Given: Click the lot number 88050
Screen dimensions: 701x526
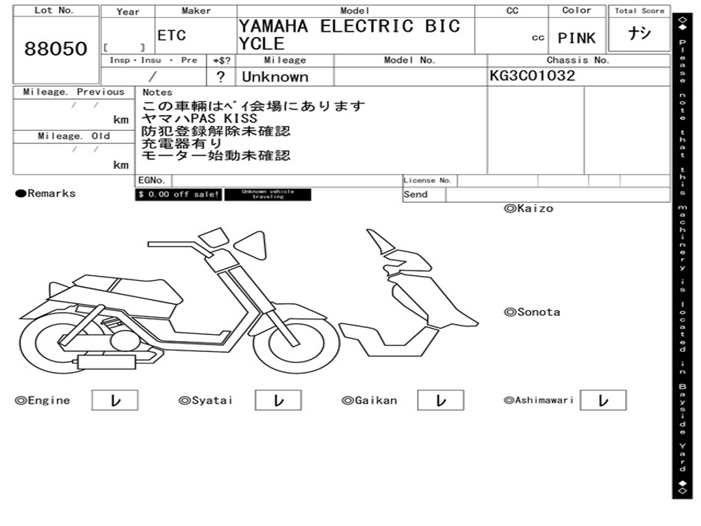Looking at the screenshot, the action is coord(56,49).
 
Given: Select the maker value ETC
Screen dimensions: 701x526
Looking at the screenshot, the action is coord(171,36).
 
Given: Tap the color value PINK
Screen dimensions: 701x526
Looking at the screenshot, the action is coord(576,38).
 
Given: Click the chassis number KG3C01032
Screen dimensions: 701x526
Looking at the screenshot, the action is coord(533,76).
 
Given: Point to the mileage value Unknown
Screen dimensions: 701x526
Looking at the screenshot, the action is coord(275,77).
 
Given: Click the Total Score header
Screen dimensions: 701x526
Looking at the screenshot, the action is coord(639,11).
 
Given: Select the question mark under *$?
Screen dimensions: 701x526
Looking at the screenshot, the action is coord(220,77).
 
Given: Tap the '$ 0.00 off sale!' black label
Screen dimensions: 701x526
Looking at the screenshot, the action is coord(178,195).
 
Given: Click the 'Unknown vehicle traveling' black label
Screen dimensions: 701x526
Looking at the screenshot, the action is coord(268,195).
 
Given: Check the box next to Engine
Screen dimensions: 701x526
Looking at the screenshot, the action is coord(115,401).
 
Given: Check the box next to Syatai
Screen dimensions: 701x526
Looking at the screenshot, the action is coord(279,401).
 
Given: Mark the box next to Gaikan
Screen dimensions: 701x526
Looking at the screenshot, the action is coord(441,401).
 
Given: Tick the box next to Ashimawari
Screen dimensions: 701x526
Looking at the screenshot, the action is coord(603,401).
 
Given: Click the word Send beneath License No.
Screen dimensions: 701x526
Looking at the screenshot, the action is coord(416,195).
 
